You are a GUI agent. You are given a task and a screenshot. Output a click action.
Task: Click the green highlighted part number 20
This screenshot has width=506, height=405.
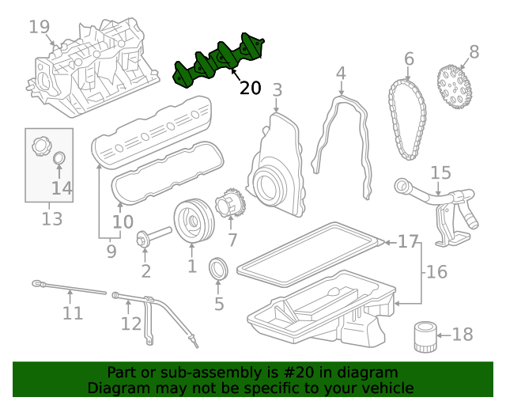pos(220,59)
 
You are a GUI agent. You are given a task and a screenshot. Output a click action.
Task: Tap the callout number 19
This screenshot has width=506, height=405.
pos(39,28)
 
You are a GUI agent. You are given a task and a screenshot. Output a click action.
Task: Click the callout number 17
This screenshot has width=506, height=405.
pos(408,241)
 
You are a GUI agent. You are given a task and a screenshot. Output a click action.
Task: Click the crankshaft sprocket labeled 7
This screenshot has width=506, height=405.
pos(230,204)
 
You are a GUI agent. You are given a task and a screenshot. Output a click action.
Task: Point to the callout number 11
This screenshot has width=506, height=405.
pos(72,313)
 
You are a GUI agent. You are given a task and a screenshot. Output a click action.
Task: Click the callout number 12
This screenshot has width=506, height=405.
pos(130,324)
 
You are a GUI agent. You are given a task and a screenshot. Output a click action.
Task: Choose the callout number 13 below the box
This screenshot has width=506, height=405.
pos(51,218)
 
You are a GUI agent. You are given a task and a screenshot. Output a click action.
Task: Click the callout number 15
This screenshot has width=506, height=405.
pos(440,172)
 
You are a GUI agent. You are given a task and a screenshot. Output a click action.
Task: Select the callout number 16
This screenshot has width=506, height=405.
pos(436,272)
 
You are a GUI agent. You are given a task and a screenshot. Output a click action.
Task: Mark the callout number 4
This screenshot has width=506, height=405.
pos(341,74)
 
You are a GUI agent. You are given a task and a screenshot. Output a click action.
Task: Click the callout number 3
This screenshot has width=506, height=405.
pos(277,90)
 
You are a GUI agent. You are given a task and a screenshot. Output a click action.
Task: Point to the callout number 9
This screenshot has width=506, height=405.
pos(111,252)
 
